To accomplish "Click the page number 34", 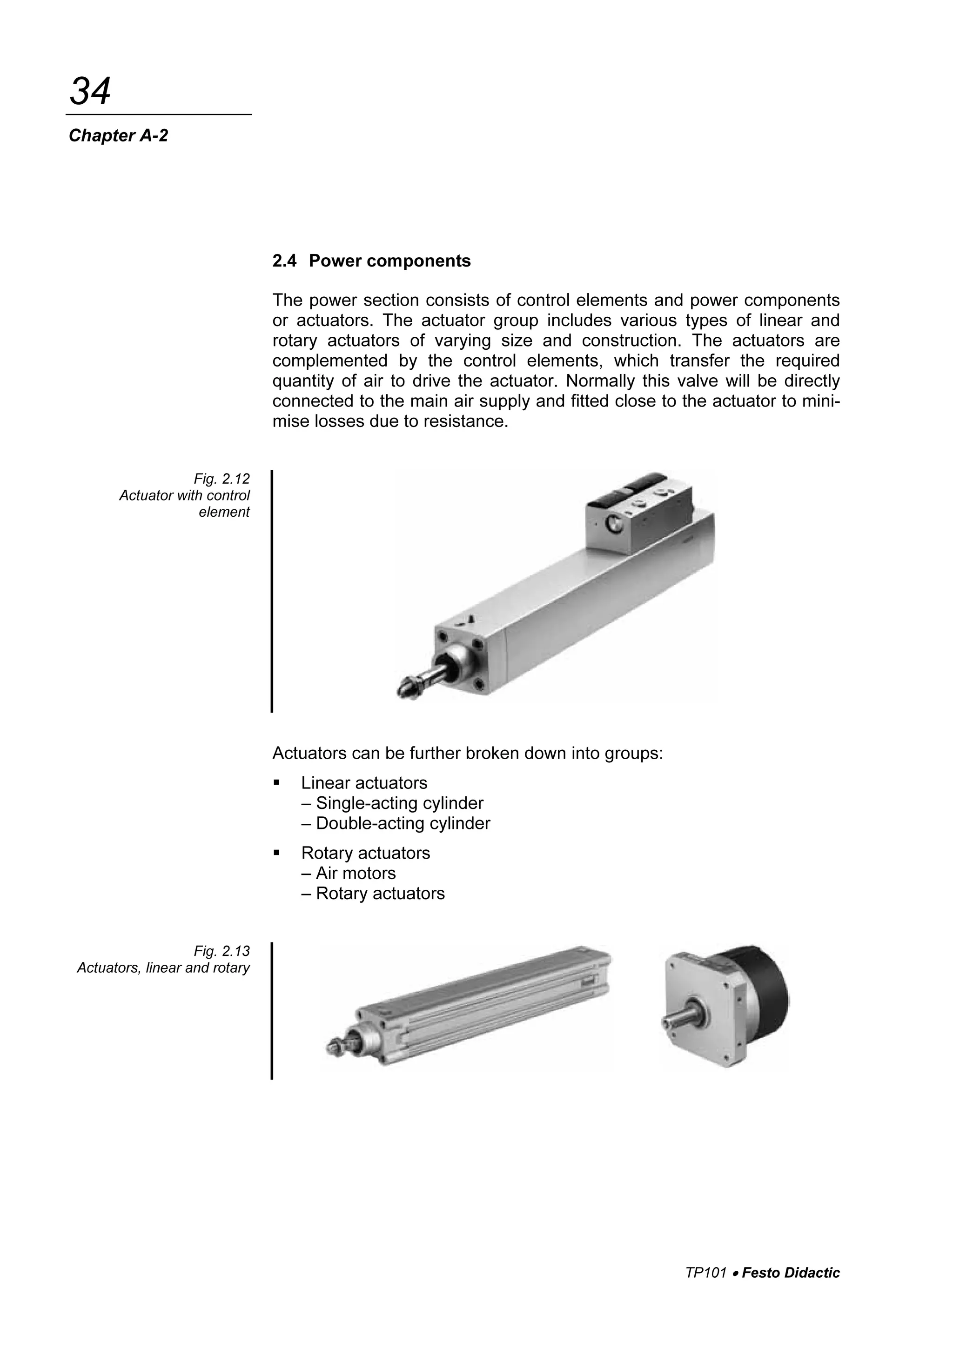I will coord(90,92).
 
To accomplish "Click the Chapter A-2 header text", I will coord(118,136).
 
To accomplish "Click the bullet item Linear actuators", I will coord(364,783).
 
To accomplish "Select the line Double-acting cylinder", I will coord(403,823).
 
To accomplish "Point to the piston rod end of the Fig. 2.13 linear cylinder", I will coord(336,1046).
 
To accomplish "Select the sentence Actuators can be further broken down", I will coord(467,753).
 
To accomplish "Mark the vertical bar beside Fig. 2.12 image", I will coord(272,590).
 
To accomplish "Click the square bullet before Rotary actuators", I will coord(276,853).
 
